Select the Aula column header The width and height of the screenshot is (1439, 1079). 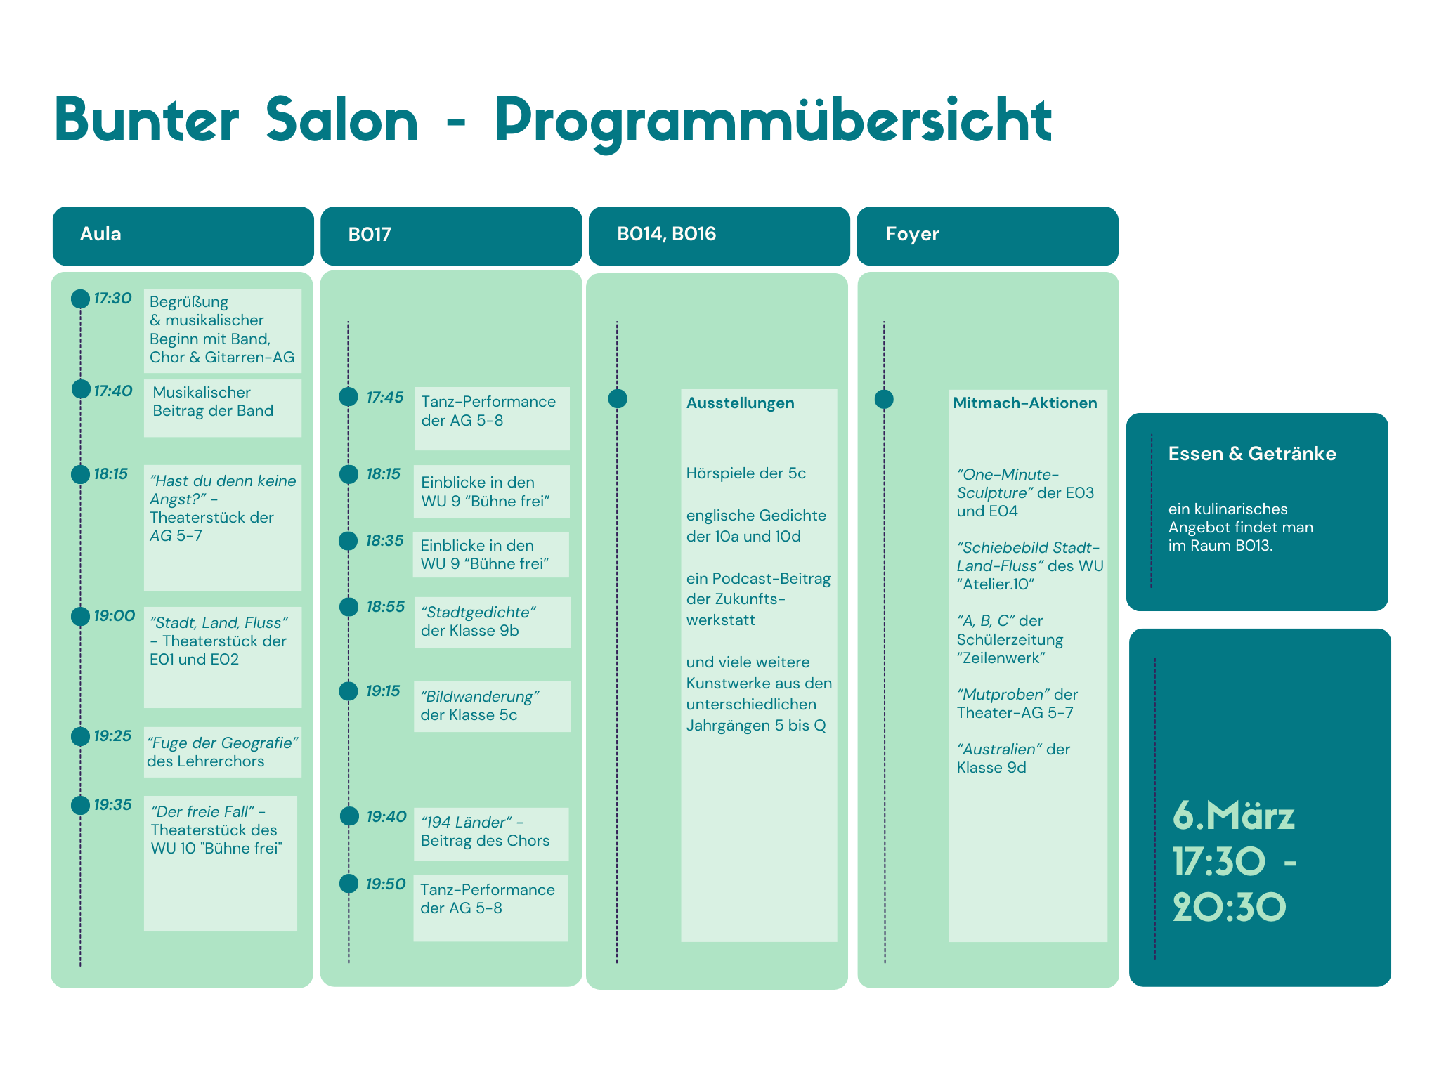click(100, 234)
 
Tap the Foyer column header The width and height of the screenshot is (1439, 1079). click(912, 234)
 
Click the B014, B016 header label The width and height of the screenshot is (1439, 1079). click(666, 234)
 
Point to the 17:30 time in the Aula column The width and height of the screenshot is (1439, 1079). click(112, 299)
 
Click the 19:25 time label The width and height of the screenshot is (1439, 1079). click(112, 736)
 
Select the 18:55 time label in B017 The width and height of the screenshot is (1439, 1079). click(385, 607)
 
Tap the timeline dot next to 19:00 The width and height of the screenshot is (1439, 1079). click(80, 616)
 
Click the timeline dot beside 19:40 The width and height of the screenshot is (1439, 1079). click(349, 816)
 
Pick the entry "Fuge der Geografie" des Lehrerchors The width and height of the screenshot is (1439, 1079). click(223, 752)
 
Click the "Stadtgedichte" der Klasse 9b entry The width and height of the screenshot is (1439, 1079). click(478, 622)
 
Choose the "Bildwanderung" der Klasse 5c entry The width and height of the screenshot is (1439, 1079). click(480, 706)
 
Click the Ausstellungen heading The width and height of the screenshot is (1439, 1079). click(740, 403)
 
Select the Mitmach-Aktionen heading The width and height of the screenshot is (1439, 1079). click(1024, 403)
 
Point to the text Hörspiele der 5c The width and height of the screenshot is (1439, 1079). click(745, 473)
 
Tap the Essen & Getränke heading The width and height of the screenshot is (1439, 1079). click(1252, 454)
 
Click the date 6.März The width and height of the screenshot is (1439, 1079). click(1233, 816)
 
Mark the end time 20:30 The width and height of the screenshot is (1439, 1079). click(1229, 908)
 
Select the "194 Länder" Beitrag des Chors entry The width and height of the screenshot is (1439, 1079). click(485, 832)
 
